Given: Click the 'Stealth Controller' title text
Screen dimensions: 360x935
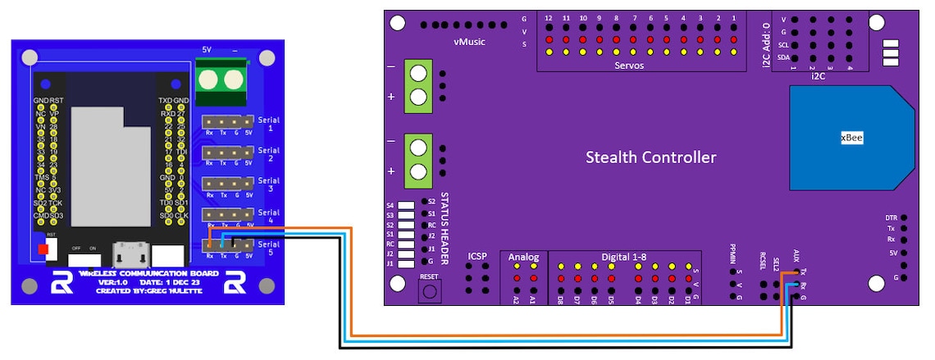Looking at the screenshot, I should pos(650,157).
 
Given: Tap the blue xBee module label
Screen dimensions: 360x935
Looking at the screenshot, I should pos(851,137).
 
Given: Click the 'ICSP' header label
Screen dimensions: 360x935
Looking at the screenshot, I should pos(477,257).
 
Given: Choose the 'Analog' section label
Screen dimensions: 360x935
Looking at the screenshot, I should pos(524,257).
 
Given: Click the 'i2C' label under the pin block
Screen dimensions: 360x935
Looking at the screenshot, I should pos(818,76).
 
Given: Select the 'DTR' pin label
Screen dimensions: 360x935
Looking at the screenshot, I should pos(891,218).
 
